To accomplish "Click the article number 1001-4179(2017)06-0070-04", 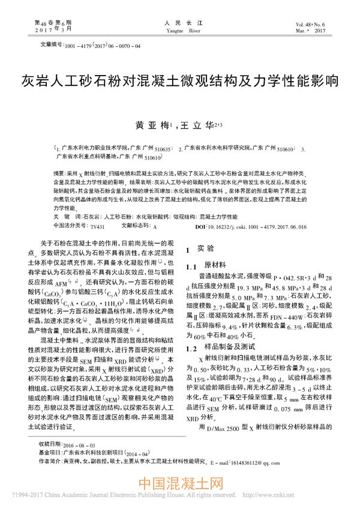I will (x=101, y=45).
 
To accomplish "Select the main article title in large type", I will (x=180, y=80).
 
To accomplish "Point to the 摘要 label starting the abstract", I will (x=60, y=171).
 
